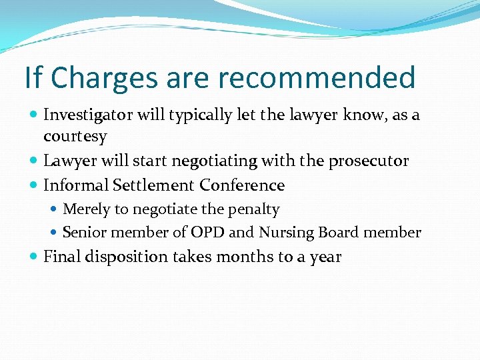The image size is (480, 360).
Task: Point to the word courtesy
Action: [75, 137]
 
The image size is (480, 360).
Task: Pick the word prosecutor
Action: [370, 161]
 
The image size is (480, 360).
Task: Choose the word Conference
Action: [242, 185]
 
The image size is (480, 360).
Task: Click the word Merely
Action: [86, 209]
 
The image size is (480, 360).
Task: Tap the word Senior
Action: [83, 233]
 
